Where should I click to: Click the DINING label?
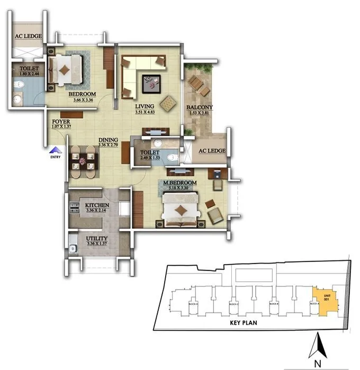click(x=108, y=140)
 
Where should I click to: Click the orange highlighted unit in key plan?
click(x=321, y=299)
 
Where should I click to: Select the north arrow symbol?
click(x=317, y=345)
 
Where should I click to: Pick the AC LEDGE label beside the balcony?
click(x=212, y=151)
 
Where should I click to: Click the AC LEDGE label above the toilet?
click(x=25, y=37)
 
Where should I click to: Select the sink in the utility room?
click(x=73, y=246)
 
